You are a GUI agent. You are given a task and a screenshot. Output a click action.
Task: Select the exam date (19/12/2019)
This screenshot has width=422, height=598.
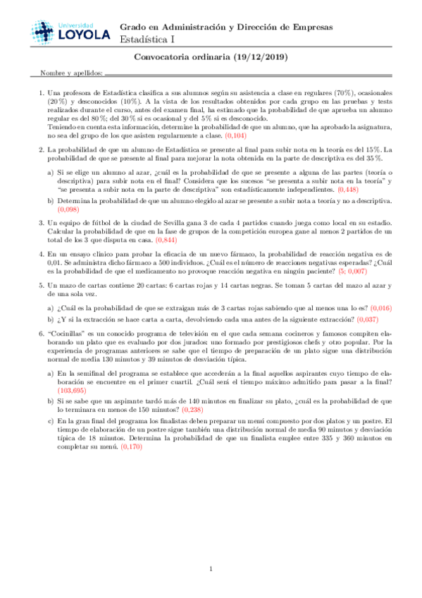pyautogui.click(x=258, y=59)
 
